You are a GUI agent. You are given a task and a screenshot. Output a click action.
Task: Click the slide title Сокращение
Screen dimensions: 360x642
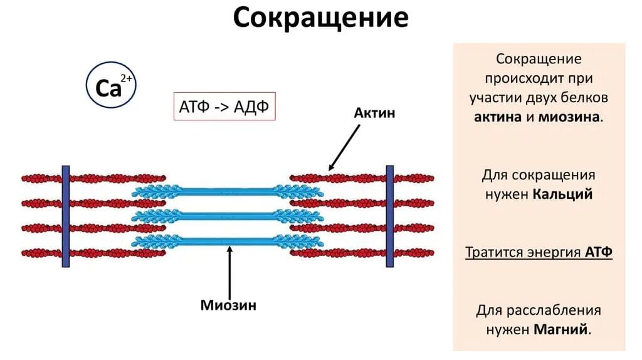click(320, 18)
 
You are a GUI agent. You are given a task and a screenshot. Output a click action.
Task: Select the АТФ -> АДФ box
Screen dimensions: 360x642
click(224, 107)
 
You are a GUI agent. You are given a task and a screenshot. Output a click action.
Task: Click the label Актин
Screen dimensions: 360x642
click(374, 113)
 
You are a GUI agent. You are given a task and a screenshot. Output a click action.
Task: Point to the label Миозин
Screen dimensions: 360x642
click(228, 305)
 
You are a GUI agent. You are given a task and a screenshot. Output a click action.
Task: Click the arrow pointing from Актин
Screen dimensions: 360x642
click(344, 147)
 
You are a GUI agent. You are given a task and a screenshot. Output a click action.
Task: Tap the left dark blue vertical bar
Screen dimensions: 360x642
click(65, 216)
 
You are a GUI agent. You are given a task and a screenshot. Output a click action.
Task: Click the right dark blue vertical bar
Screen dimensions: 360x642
click(389, 216)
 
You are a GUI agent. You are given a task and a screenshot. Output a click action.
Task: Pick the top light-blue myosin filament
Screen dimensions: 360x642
click(228, 192)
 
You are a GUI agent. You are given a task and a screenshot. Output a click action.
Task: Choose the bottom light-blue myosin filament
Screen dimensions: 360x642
click(228, 241)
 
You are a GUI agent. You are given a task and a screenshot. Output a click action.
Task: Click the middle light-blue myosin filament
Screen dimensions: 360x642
click(228, 216)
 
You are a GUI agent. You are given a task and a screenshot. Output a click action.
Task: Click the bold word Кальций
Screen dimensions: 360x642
click(562, 194)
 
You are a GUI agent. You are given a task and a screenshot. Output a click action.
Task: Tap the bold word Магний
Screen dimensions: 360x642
click(562, 329)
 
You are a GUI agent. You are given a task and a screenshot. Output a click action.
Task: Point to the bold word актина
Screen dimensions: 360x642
click(498, 117)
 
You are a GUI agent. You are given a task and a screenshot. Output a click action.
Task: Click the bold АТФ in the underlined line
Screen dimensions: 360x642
click(598, 252)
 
